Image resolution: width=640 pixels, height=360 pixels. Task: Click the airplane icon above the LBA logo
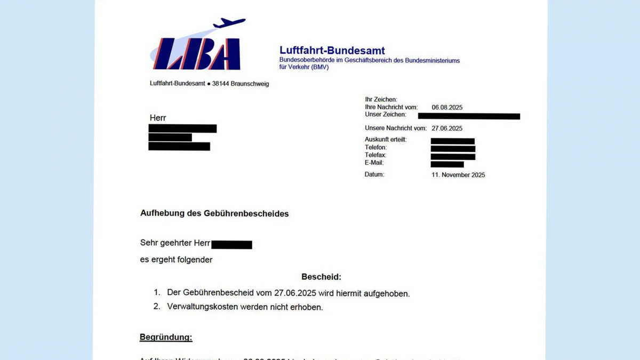tap(229, 23)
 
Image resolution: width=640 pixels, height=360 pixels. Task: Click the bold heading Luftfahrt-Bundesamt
tap(332, 51)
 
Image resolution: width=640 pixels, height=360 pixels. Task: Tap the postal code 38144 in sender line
tap(221, 84)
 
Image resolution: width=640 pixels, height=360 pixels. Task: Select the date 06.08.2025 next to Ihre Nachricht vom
tap(447, 107)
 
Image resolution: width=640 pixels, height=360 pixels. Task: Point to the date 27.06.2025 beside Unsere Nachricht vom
tap(447, 128)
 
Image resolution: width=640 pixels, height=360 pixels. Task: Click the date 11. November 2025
tap(458, 175)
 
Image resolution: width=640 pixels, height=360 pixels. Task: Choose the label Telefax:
tap(375, 155)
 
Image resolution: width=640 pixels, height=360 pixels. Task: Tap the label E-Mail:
tap(374, 163)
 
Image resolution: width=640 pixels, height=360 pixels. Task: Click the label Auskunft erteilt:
tap(386, 140)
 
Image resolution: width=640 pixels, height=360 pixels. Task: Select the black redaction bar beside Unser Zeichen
tap(469, 116)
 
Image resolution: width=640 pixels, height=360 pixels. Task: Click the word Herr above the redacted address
tap(158, 118)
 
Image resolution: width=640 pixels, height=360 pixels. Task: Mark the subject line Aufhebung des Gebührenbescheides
tap(214, 213)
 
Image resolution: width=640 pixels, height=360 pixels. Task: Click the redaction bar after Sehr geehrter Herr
tap(231, 245)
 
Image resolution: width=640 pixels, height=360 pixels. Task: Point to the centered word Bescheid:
tap(321, 277)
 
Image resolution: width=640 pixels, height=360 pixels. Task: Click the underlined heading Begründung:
tap(166, 337)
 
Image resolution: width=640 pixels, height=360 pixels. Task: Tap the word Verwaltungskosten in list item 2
tap(199, 307)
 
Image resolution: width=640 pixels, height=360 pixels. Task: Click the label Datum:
tap(374, 174)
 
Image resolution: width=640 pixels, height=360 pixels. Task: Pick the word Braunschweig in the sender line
tap(250, 84)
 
